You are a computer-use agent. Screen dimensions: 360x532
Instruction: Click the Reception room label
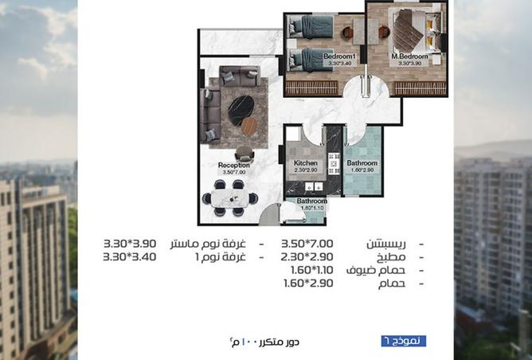[234, 166]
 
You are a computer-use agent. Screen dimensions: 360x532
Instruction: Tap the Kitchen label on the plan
[305, 162]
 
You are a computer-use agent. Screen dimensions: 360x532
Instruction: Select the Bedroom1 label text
[339, 57]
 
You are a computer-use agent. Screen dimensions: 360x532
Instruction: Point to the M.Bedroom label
[409, 57]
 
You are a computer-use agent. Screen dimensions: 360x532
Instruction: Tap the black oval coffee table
[240, 110]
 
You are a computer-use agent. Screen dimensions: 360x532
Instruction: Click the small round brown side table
[249, 126]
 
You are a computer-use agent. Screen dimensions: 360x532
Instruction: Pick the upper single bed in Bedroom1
[306, 28]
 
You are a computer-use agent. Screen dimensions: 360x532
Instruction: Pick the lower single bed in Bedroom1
[306, 57]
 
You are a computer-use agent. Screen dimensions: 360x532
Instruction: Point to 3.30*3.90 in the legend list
[130, 243]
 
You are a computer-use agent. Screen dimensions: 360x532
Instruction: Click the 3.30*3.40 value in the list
[130, 257]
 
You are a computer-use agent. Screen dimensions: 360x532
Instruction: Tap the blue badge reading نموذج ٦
[403, 340]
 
